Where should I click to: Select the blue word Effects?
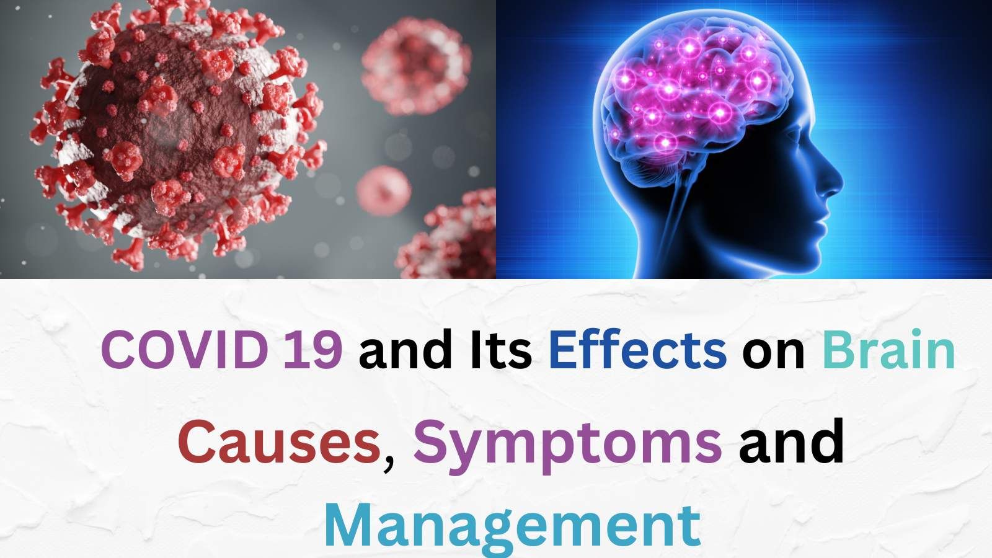pos(637,350)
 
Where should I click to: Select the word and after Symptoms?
pos(792,443)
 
